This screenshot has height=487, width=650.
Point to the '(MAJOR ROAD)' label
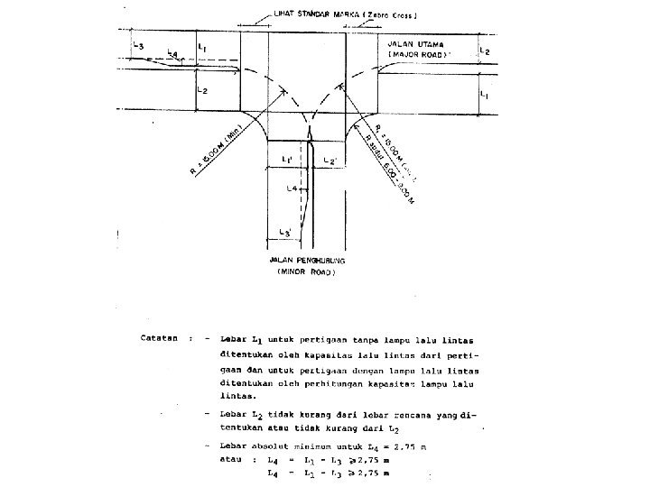point(418,55)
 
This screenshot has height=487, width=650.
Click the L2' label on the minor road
point(330,161)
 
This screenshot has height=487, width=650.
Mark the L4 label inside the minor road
point(292,188)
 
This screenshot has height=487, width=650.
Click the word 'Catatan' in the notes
point(157,339)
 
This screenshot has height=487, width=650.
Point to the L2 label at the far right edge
point(485,52)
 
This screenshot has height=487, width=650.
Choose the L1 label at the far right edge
point(485,94)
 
